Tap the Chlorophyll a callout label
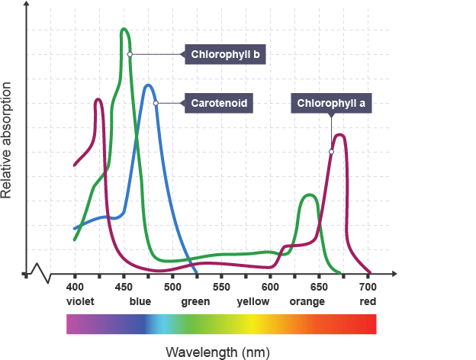[331, 103]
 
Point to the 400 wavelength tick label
[75, 287]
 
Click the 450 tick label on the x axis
[124, 287]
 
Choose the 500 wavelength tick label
[172, 287]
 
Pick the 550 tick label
[221, 287]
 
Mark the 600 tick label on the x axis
[270, 287]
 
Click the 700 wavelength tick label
[368, 287]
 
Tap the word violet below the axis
[79, 301]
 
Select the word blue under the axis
[140, 301]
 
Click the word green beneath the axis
[196, 301]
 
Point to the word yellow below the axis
[253, 301]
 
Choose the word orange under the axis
[307, 301]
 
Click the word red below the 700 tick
[368, 301]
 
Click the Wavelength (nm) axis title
[218, 352]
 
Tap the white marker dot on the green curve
[130, 55]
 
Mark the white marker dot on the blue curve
[156, 103]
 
